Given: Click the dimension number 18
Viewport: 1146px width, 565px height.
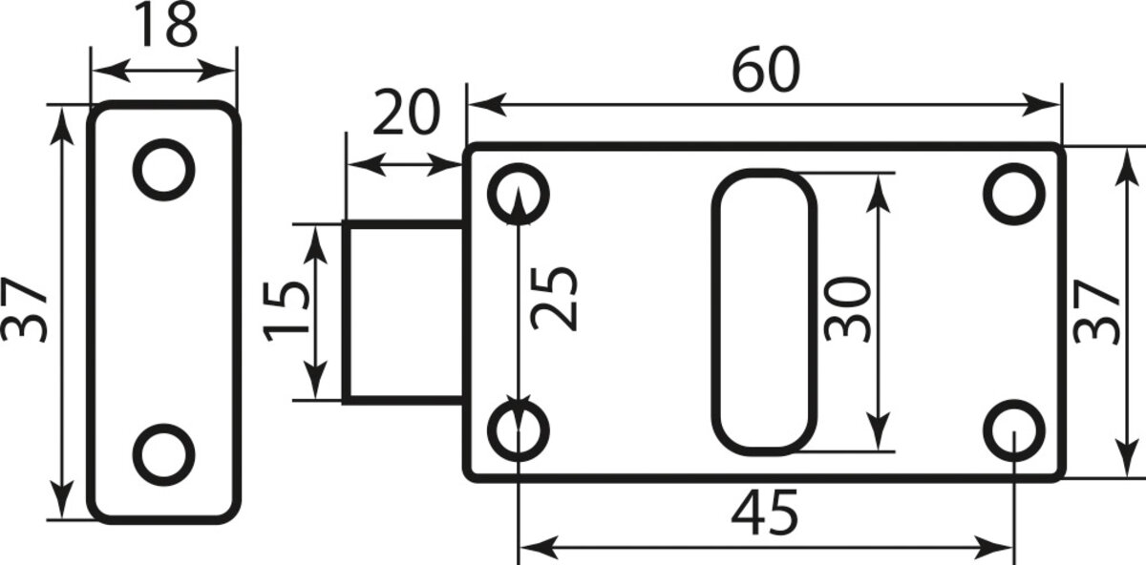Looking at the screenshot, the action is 165,25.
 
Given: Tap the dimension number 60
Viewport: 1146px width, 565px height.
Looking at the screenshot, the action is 765,70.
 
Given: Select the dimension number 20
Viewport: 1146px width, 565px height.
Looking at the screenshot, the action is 406,113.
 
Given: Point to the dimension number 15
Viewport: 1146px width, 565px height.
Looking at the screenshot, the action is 286,311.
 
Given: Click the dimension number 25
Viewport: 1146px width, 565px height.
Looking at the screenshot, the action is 554,299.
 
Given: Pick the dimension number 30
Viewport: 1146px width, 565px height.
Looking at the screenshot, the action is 847,309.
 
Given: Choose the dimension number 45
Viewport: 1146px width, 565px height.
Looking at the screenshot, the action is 765,513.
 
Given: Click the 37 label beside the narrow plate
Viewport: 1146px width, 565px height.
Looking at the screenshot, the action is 24,310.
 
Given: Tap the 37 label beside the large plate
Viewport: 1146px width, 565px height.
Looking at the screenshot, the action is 1096,311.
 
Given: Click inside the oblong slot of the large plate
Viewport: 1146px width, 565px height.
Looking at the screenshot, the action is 764,312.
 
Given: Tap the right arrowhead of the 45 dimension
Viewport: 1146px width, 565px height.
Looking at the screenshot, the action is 994,548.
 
